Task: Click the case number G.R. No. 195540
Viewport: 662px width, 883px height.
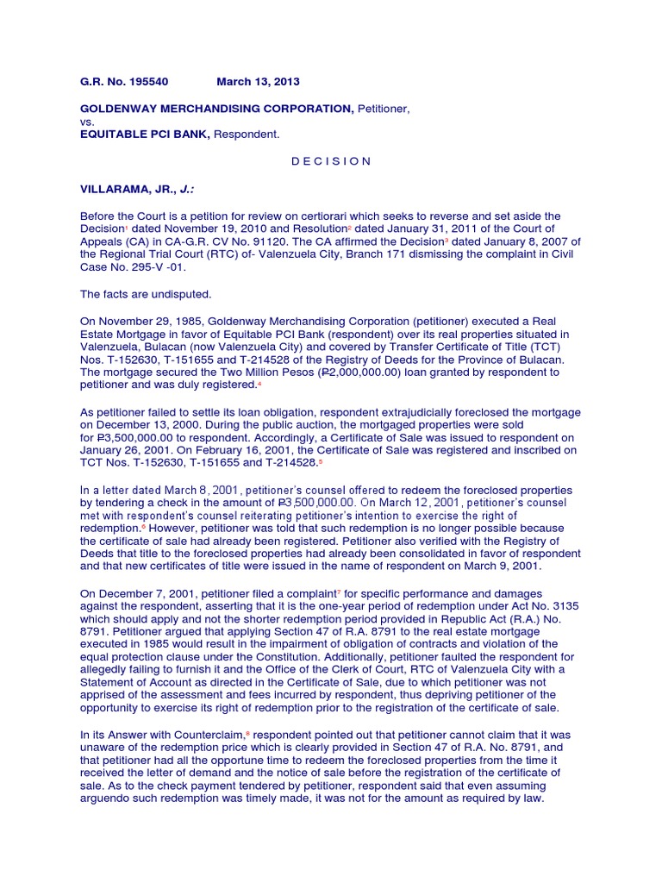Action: click(124, 82)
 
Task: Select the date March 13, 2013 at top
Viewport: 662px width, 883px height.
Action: click(258, 82)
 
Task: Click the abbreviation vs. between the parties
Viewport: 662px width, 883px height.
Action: click(88, 122)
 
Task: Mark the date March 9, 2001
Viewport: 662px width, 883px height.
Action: click(513, 567)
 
